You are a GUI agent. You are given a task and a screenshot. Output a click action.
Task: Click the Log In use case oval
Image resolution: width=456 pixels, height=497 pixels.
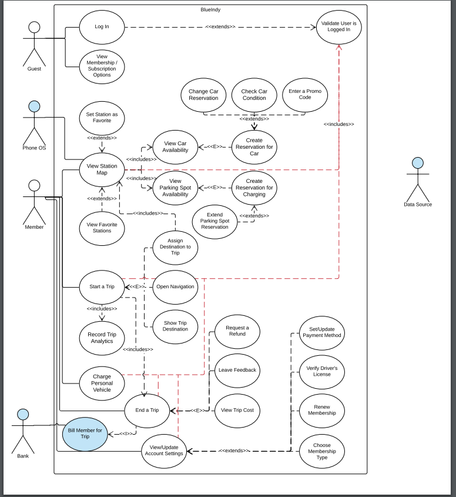point(102,26)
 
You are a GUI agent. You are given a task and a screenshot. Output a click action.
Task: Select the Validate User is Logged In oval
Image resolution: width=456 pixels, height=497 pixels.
point(338,26)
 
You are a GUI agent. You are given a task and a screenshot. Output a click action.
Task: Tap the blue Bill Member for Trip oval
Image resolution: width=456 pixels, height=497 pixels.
point(85,433)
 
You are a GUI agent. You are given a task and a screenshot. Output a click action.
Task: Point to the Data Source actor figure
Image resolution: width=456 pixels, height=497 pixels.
point(418,179)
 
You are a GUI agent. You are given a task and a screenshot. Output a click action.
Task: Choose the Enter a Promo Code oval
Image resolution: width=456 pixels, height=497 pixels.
point(305,95)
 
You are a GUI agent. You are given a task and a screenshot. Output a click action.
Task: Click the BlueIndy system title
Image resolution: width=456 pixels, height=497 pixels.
point(210,10)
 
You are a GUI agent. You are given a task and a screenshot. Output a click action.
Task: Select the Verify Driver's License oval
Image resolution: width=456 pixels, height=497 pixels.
point(321,371)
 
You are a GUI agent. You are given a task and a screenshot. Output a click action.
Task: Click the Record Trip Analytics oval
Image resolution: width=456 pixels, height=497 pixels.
point(102,338)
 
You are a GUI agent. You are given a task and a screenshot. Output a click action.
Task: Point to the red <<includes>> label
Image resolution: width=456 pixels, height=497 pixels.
point(338,124)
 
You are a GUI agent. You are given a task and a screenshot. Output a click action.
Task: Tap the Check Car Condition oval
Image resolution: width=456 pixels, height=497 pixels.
point(254,95)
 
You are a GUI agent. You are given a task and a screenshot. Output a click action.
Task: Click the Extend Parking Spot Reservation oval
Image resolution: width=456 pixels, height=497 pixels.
point(214,219)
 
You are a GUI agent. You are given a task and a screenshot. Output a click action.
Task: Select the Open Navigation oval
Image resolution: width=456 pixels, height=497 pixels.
point(175,287)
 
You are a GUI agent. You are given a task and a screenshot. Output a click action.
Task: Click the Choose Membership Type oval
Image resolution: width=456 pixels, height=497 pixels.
point(321,451)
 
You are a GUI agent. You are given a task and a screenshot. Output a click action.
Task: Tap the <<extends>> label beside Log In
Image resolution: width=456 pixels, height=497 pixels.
point(220,26)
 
